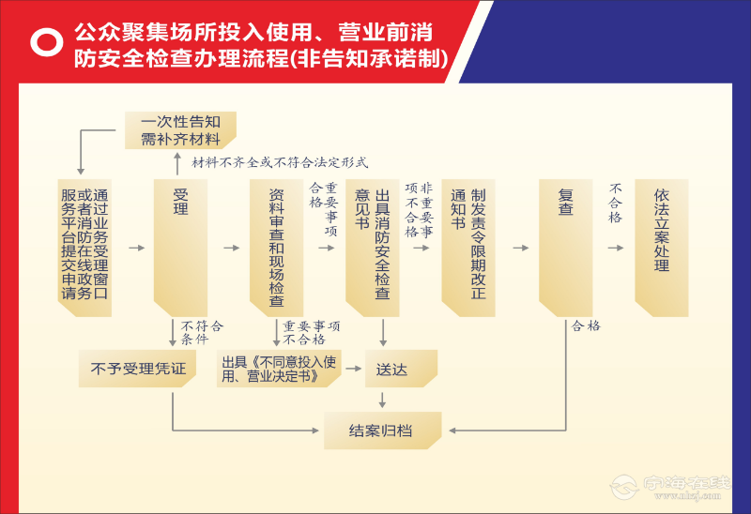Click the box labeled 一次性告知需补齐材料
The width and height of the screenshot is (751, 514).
click(180, 130)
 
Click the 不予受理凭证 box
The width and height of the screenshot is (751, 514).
click(138, 369)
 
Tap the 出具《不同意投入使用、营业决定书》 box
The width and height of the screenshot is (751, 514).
click(277, 369)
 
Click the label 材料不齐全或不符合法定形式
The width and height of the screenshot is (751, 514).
click(280, 162)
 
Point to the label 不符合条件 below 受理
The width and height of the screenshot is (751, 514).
click(202, 332)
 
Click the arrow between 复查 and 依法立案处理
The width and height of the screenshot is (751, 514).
click(615, 248)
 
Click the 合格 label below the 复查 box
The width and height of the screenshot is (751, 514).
click(586, 326)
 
